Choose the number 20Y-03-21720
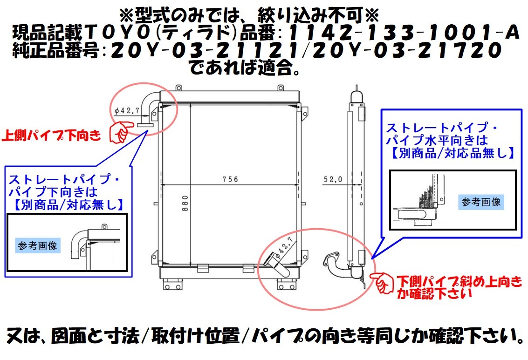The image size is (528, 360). (x=401, y=50)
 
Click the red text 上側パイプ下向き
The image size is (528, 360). (x=52, y=136)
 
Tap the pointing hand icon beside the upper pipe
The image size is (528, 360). (x=120, y=132)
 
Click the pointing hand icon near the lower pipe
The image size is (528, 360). (x=383, y=281)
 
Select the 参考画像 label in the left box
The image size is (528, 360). (x=38, y=245)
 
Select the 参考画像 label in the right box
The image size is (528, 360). (x=481, y=202)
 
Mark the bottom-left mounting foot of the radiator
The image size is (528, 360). (x=172, y=283)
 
